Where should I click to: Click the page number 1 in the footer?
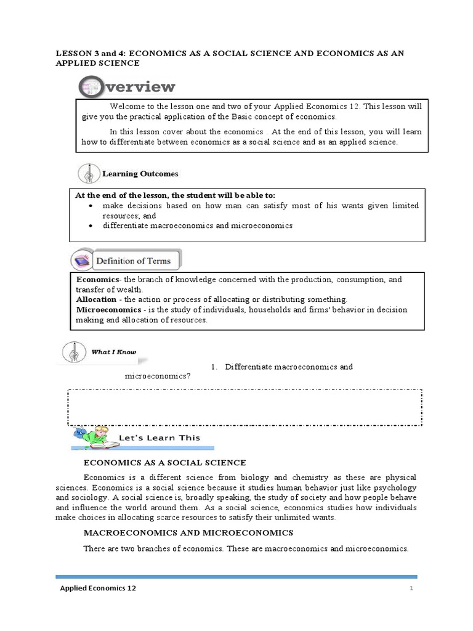pyautogui.click(x=411, y=589)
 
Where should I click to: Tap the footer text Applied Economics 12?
pyautogui.click(x=98, y=588)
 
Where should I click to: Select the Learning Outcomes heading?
pyautogui.click(x=140, y=174)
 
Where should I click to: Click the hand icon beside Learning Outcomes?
pyautogui.click(x=89, y=174)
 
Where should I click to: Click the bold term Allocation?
pyautogui.click(x=95, y=299)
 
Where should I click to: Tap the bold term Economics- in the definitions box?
pyautogui.click(x=99, y=280)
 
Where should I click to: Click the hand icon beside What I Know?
pyautogui.click(x=73, y=353)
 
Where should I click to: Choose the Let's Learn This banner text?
pyautogui.click(x=163, y=438)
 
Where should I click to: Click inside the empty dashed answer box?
pyautogui.click(x=245, y=407)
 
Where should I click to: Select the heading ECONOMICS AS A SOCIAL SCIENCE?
pyautogui.click(x=164, y=463)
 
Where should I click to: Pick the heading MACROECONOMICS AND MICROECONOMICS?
pyautogui.click(x=188, y=532)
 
